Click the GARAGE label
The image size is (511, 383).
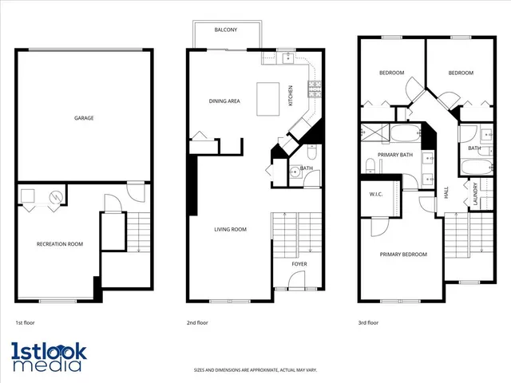[x=84, y=118]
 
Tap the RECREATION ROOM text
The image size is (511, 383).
[x=60, y=244]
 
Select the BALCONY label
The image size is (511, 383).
[x=225, y=30]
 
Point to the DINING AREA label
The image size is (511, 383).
[x=224, y=101]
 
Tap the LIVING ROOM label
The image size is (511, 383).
[x=230, y=230]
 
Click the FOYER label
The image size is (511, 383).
[x=299, y=263]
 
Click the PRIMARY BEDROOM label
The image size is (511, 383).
[x=402, y=255]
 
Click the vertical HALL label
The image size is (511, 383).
[x=446, y=193]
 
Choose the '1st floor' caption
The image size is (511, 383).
[x=25, y=323]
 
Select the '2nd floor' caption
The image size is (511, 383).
[x=197, y=323]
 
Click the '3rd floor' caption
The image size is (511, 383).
[x=368, y=323]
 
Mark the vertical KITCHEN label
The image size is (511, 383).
[x=291, y=97]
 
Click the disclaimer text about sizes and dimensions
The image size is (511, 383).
[x=255, y=370]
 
